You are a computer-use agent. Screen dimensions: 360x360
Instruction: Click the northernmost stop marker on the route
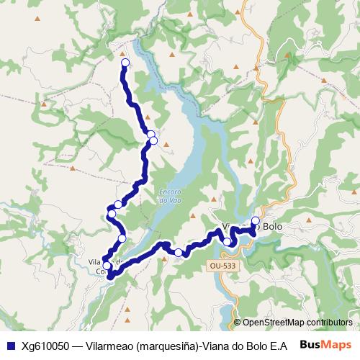coord(125,63)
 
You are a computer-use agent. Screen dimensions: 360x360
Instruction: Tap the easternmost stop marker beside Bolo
coord(256,221)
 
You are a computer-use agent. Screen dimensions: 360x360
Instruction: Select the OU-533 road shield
coord(222,266)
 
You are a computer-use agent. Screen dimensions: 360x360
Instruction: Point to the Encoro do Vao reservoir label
coord(168,196)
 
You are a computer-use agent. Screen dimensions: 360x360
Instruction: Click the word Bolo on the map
coord(273,227)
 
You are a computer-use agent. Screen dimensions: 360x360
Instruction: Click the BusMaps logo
coord(325,345)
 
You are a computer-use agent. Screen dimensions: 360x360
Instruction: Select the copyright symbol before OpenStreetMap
coord(238,323)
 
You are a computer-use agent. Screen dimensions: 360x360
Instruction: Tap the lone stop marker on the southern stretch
coord(179,253)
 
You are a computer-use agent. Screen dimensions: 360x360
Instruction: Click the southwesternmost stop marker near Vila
coord(108,266)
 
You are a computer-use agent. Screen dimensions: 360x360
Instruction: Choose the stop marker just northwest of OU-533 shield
coord(228,242)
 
